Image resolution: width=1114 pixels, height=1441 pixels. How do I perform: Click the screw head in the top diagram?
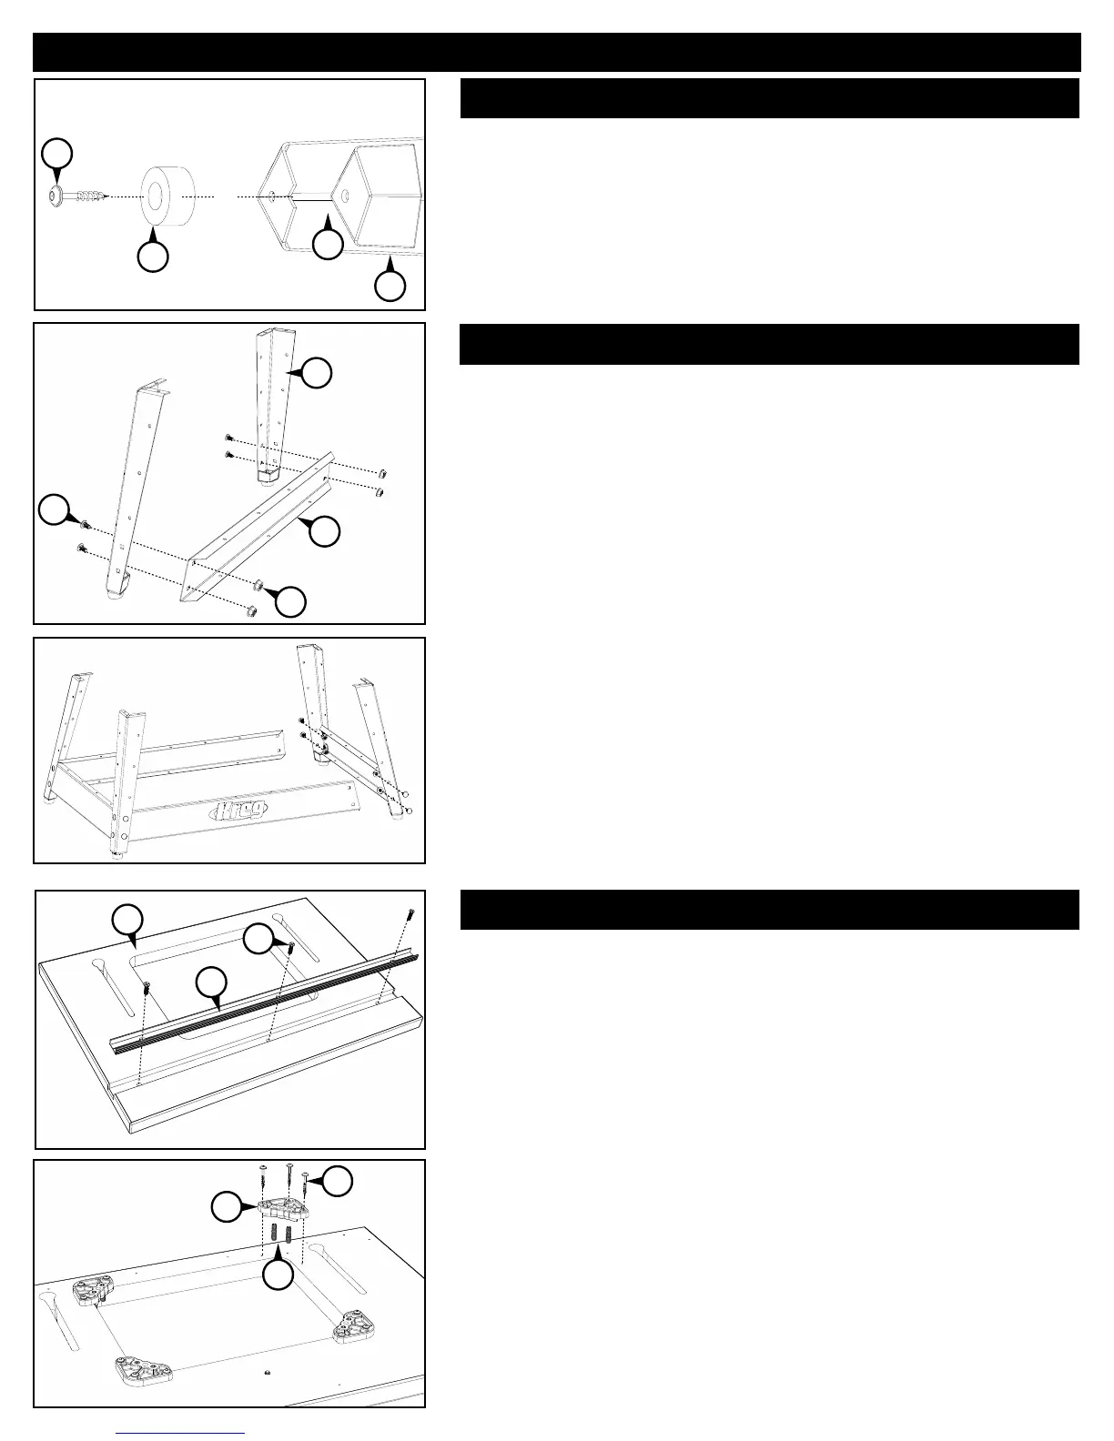(x=56, y=196)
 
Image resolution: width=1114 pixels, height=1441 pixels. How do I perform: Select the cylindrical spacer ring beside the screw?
(x=167, y=194)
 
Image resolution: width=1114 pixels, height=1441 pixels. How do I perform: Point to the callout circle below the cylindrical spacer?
(x=152, y=257)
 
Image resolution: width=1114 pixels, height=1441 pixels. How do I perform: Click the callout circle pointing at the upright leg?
(x=317, y=372)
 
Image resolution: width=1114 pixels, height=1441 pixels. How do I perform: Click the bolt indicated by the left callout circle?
(x=84, y=525)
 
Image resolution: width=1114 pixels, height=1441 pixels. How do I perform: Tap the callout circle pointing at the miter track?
(x=211, y=982)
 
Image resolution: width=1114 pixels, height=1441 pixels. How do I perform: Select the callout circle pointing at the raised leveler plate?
(x=226, y=1207)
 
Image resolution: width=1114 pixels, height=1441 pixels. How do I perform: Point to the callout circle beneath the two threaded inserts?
(x=278, y=1275)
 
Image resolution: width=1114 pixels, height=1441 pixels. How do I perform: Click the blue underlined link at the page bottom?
(x=181, y=1435)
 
